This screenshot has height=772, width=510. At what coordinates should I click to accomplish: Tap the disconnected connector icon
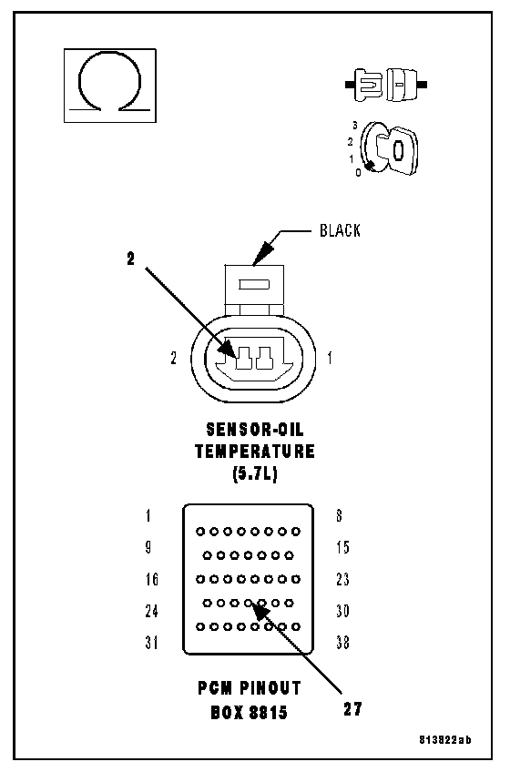386,86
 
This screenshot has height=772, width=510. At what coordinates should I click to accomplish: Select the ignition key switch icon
389,147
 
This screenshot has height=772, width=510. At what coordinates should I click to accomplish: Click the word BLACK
340,230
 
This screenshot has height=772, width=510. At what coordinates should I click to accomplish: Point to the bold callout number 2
130,259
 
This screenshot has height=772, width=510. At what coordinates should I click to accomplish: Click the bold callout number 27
352,709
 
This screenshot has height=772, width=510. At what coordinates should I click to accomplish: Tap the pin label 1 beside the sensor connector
330,358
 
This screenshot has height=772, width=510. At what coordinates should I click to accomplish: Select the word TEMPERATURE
255,452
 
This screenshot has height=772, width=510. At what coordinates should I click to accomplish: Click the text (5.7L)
255,473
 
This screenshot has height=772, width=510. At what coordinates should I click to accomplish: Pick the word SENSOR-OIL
255,430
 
